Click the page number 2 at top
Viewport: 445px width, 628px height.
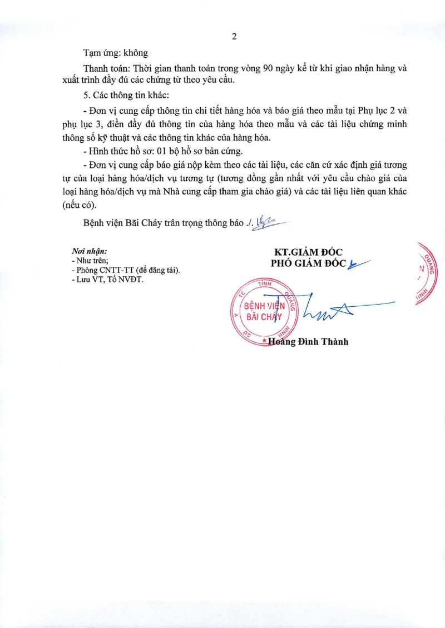(x=234, y=37)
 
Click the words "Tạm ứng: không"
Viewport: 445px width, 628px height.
(x=116, y=53)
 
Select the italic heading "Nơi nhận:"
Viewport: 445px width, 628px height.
(x=90, y=251)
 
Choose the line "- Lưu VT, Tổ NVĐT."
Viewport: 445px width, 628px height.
(x=107, y=280)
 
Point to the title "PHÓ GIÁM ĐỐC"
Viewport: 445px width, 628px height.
(x=309, y=263)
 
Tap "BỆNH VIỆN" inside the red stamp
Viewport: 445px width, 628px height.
(x=265, y=306)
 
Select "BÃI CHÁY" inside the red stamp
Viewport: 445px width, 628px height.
(x=264, y=317)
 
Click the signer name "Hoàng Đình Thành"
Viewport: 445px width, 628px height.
(x=308, y=342)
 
